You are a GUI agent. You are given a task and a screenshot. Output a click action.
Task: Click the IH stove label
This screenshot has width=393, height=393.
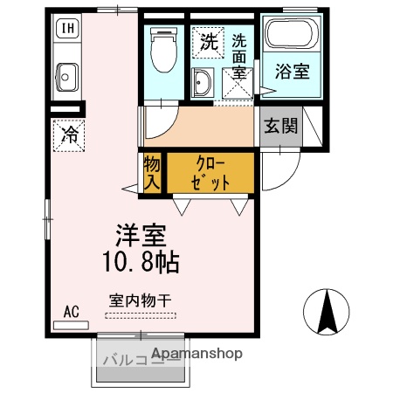coord(65,28)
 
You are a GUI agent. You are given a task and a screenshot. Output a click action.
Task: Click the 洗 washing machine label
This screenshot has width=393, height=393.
coord(207,40)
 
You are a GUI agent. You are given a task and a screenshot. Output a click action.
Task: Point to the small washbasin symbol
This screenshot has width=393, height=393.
coord(203,82)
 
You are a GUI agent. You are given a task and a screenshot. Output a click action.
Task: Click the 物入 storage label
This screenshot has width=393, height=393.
coord(151,173)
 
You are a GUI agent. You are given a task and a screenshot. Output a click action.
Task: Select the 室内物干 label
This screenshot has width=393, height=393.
coord(140,299)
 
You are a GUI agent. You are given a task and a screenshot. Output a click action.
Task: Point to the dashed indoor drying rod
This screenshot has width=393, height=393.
coord(140,314)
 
